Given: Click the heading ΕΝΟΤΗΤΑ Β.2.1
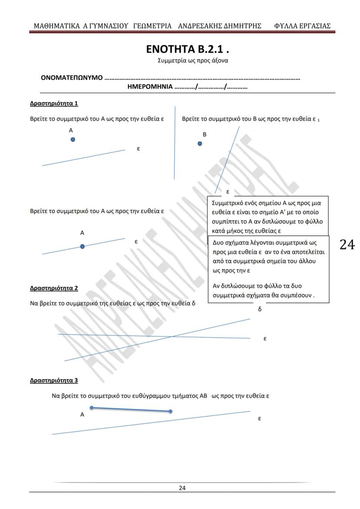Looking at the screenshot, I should pyautogui.click(x=187, y=49).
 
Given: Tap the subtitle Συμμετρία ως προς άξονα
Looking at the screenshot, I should pyautogui.click(x=193, y=60).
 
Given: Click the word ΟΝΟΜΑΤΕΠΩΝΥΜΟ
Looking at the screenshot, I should pyautogui.click(x=71, y=78).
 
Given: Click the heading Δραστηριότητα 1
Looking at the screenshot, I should pyautogui.click(x=54, y=103).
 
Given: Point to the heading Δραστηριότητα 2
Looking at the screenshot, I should pyautogui.click(x=54, y=288).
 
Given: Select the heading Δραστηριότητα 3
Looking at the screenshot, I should pyautogui.click(x=54, y=381).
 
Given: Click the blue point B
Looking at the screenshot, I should pyautogui.click(x=200, y=143).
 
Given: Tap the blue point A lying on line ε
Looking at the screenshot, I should pyautogui.click(x=83, y=246).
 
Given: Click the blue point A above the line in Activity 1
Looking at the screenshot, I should pyautogui.click(x=73, y=139).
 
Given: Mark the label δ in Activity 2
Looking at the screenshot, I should pyautogui.click(x=260, y=309).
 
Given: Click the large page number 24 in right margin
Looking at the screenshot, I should pyautogui.click(x=347, y=245).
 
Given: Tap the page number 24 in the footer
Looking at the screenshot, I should pyautogui.click(x=182, y=488).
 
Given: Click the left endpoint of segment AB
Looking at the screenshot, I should pyautogui.click(x=91, y=408).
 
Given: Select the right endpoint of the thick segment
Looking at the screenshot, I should pyautogui.click(x=170, y=411).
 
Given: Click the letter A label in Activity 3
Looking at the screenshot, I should pyautogui.click(x=82, y=415).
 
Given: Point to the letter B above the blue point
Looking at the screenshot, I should pyautogui.click(x=204, y=134).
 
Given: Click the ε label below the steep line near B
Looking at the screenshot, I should pyautogui.click(x=227, y=191).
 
